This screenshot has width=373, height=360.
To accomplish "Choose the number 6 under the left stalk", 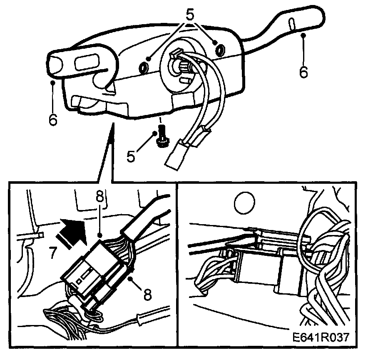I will (52, 120).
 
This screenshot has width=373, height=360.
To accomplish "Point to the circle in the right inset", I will (244, 203).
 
